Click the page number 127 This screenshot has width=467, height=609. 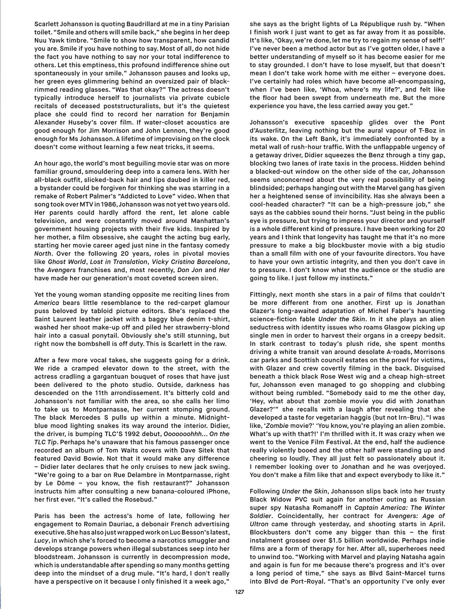coord(239,592)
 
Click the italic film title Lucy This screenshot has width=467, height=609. coord(41,540)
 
